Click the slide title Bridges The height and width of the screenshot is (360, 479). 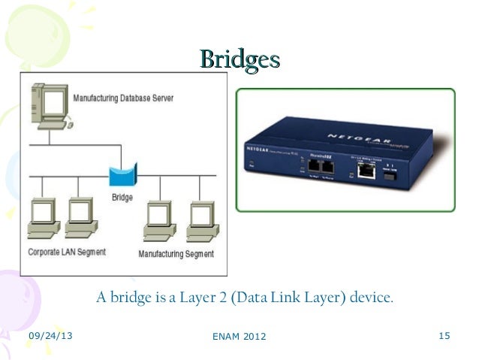tap(239, 59)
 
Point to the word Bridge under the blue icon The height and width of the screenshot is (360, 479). tap(122, 197)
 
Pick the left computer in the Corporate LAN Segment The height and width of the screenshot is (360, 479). tap(42, 217)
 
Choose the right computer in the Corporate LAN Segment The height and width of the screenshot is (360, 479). tap(79, 217)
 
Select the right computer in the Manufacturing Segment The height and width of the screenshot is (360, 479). tap(200, 219)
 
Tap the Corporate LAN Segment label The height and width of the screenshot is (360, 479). tap(67, 252)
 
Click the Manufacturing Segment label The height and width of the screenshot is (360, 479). tap(176, 253)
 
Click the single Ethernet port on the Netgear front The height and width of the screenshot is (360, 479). tap(366, 171)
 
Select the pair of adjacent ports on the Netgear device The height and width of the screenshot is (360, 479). tap(322, 167)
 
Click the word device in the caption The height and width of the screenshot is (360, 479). tap(369, 298)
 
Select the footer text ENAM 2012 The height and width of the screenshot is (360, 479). tap(239, 335)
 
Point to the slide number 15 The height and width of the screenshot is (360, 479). tap(443, 334)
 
